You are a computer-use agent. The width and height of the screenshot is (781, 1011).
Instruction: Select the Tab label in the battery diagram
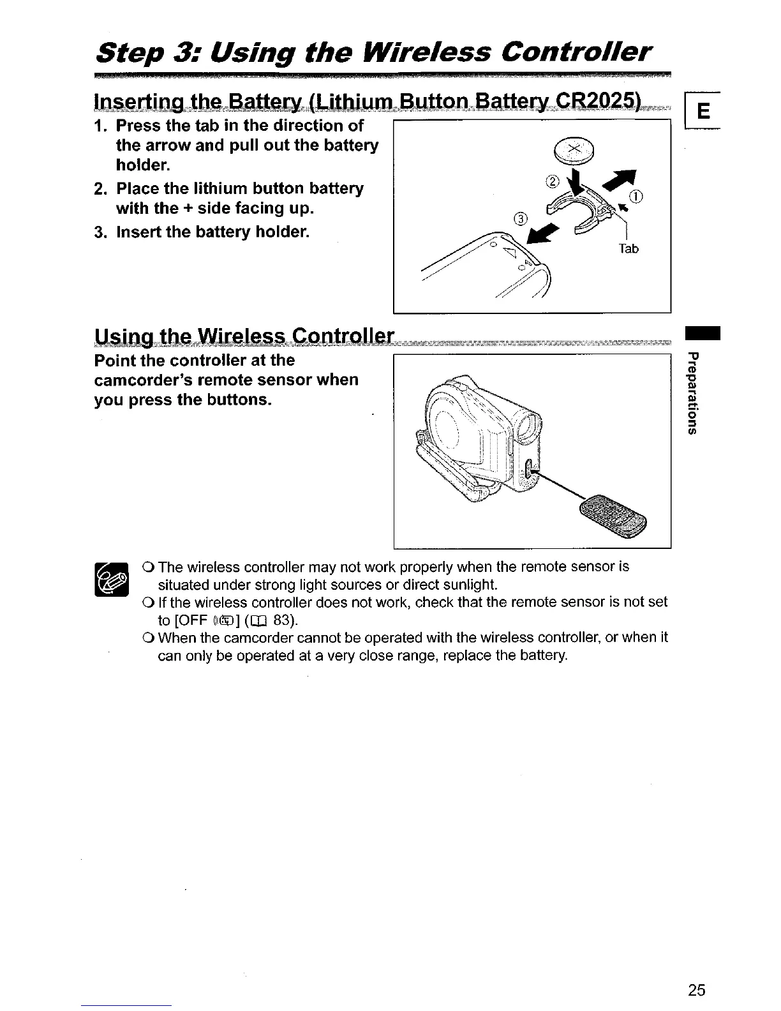(x=629, y=249)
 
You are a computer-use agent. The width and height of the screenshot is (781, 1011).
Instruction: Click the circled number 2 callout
(x=553, y=180)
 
